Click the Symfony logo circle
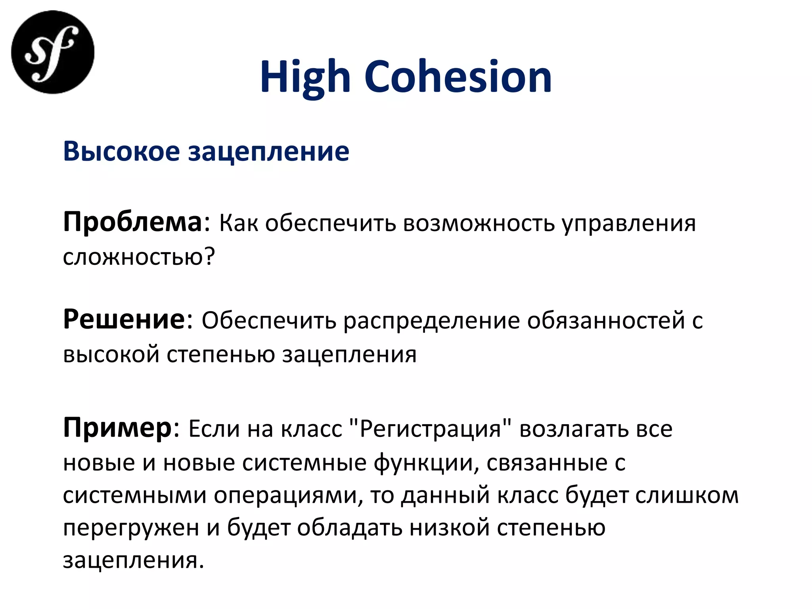coord(53,52)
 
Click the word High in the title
coord(305,77)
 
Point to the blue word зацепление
coord(268,152)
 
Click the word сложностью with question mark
coord(139,257)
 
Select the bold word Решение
coord(124,319)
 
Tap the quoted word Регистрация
coord(431,429)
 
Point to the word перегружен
coord(131,529)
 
